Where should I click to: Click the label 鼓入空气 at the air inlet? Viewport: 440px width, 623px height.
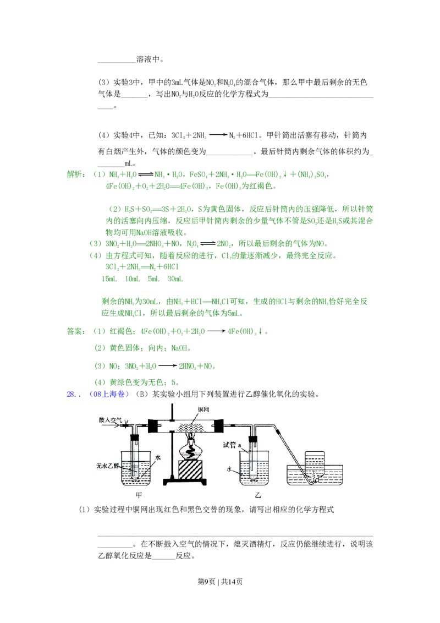[109, 420]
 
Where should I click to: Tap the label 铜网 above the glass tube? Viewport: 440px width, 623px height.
[206, 410]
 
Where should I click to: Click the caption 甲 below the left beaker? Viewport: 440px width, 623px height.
[139, 495]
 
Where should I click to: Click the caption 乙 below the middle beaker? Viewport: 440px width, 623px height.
[257, 495]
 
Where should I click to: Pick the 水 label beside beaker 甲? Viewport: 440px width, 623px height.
[158, 457]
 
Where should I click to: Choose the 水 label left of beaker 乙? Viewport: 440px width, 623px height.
[232, 469]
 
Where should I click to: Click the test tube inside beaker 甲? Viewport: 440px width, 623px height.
[135, 454]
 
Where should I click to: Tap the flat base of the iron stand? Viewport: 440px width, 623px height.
[184, 483]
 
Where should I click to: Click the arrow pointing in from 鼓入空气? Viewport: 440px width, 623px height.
[122, 426]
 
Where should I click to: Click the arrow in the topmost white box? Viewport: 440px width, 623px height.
[218, 134]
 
